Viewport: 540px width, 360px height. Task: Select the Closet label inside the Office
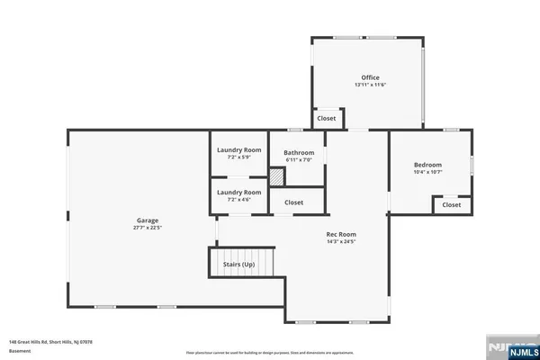(326, 118)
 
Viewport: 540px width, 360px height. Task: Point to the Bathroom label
(298, 153)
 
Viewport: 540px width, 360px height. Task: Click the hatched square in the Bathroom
(277, 178)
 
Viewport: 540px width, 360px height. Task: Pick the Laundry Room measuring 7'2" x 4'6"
(239, 195)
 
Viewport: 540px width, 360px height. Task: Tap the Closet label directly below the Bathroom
(294, 202)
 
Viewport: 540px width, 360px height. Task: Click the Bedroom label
(427, 165)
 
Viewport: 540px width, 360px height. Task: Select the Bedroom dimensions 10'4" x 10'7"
(427, 172)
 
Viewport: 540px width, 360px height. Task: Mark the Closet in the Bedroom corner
(452, 205)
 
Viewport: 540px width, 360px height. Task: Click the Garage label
(148, 220)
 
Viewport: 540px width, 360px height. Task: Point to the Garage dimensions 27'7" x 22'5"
(148, 228)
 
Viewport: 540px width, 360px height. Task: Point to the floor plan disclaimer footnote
(270, 352)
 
